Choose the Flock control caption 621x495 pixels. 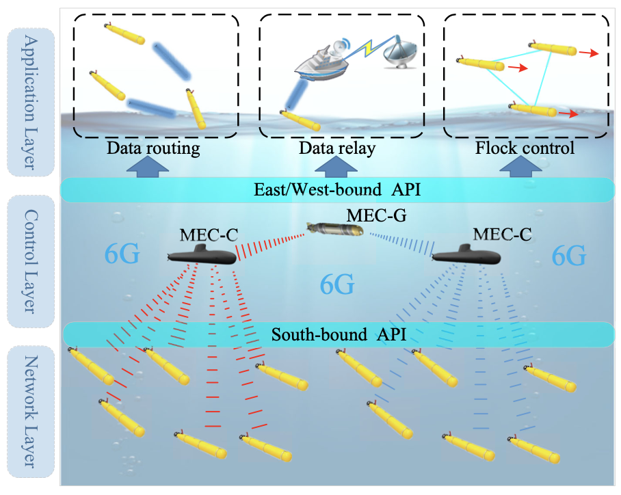tap(525, 148)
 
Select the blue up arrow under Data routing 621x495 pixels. tap(153, 167)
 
